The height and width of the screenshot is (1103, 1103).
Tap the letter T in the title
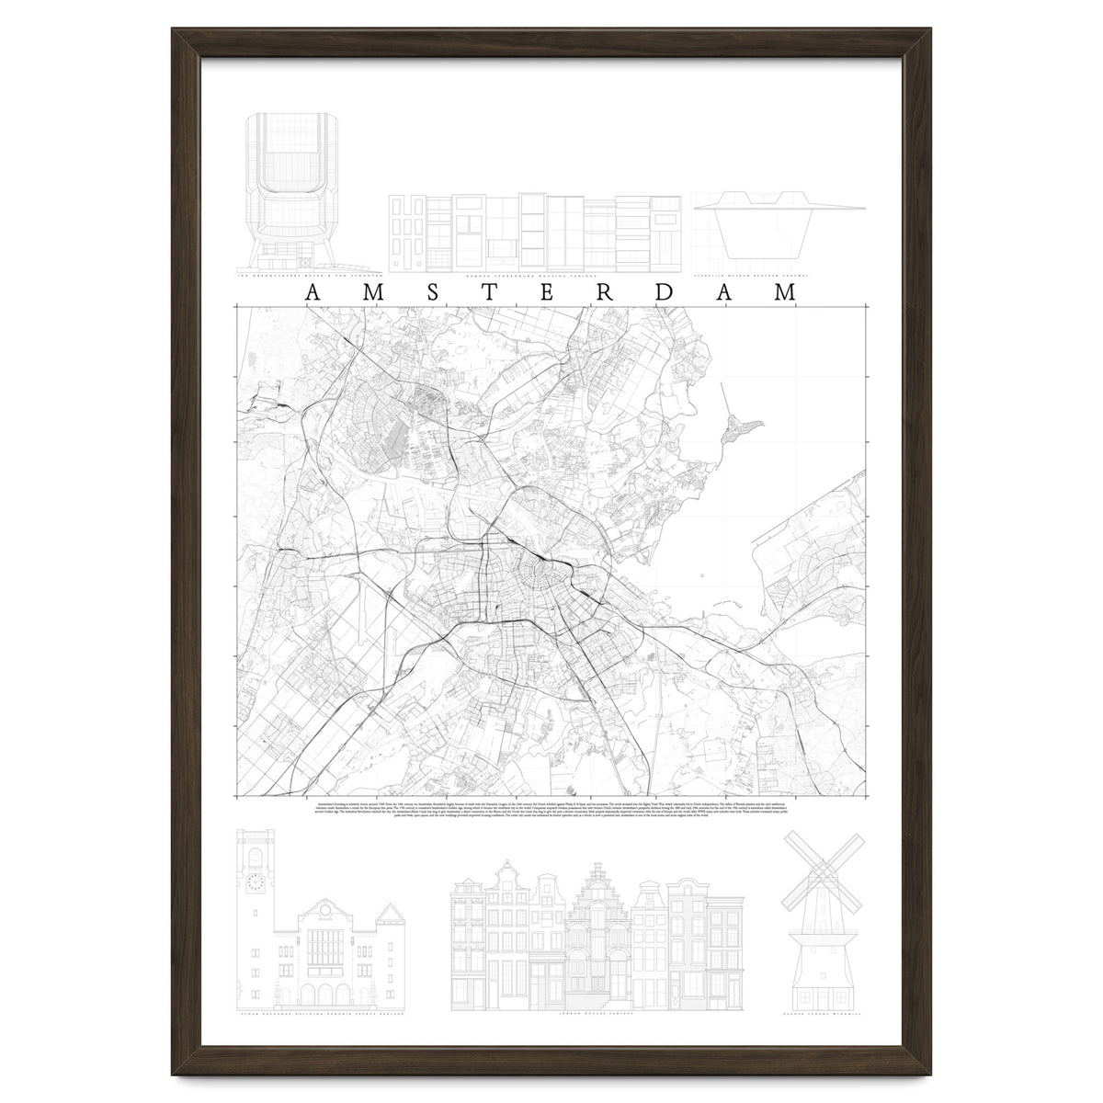(x=490, y=292)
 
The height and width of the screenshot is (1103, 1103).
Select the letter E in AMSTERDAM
(x=549, y=292)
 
